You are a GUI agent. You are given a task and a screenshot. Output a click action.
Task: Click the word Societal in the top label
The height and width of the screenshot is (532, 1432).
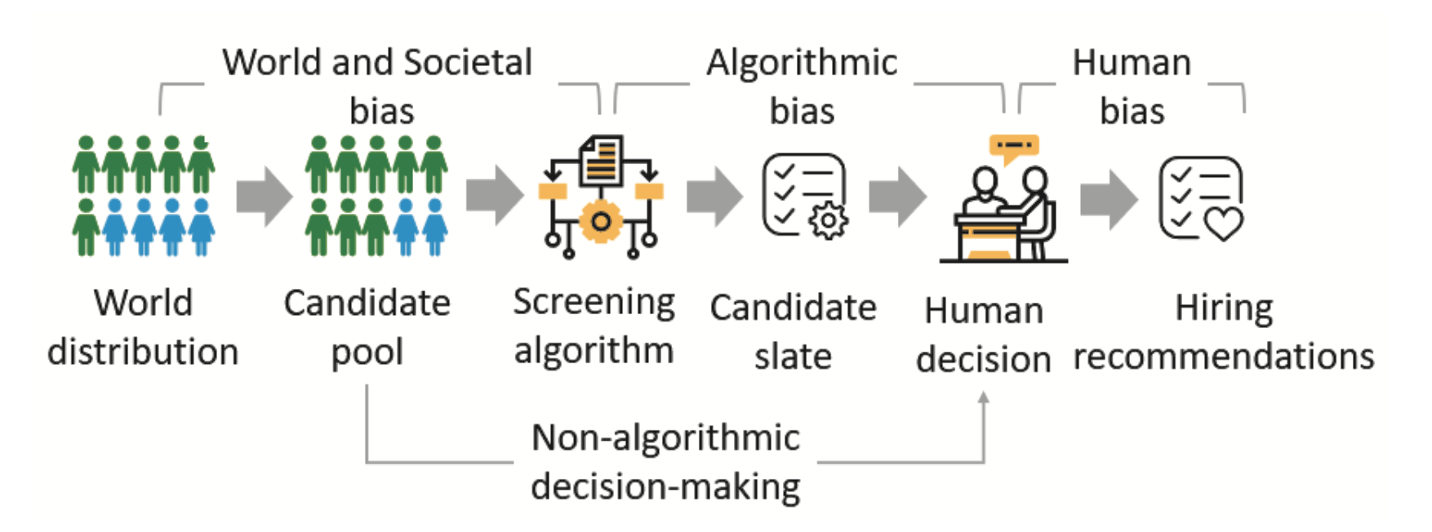pyautogui.click(x=468, y=62)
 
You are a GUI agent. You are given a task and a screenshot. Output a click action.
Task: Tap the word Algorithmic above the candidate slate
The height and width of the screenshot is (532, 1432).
pyautogui.click(x=802, y=63)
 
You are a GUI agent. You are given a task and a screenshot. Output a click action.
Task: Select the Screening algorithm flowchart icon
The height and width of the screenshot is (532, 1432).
pyautogui.click(x=601, y=197)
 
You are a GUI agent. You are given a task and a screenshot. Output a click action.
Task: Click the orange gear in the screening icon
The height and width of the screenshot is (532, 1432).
pyautogui.click(x=601, y=221)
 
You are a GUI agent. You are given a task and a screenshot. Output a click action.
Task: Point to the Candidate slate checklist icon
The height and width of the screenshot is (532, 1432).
pyautogui.click(x=805, y=197)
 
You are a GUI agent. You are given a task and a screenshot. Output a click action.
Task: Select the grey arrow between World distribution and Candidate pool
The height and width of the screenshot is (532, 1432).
pyautogui.click(x=265, y=197)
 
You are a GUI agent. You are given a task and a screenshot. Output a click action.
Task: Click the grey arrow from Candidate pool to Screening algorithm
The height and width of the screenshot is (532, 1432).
pyautogui.click(x=495, y=197)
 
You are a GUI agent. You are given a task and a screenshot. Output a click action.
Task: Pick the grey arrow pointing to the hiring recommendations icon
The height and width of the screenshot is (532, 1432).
pyautogui.click(x=1109, y=198)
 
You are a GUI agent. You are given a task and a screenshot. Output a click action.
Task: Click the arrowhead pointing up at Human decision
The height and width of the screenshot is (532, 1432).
pyautogui.click(x=984, y=397)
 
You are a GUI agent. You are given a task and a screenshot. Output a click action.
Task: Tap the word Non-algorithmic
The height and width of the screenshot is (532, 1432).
pyautogui.click(x=665, y=438)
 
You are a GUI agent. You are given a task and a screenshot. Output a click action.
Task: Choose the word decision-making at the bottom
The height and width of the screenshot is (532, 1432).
pyautogui.click(x=665, y=487)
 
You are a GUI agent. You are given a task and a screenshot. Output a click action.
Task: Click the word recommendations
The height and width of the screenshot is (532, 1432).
pyautogui.click(x=1224, y=357)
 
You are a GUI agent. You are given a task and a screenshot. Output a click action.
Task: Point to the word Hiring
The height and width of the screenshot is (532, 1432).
pyautogui.click(x=1224, y=309)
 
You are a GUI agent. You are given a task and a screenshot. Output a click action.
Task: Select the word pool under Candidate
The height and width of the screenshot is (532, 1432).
pyautogui.click(x=367, y=352)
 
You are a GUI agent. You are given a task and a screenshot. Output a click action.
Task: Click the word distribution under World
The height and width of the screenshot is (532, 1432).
pyautogui.click(x=143, y=352)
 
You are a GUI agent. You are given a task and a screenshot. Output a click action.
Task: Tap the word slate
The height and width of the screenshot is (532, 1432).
pyautogui.click(x=793, y=357)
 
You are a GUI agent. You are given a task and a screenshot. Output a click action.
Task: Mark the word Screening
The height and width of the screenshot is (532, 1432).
pyautogui.click(x=594, y=303)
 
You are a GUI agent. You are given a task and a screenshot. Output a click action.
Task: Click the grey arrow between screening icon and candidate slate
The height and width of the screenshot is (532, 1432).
pyautogui.click(x=715, y=197)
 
